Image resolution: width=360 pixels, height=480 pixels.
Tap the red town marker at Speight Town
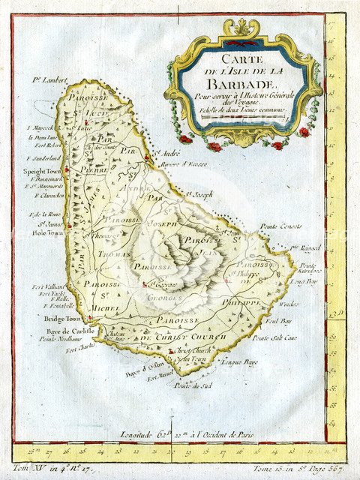[67, 171]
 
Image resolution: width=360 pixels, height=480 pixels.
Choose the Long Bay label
[308, 281]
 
